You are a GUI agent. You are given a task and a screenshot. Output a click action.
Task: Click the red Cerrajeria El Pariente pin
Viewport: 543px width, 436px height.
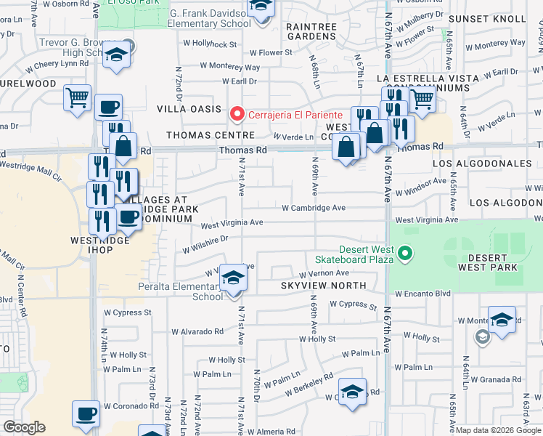[237, 115]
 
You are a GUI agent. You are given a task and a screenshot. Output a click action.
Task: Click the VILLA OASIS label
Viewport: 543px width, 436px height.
[189, 109]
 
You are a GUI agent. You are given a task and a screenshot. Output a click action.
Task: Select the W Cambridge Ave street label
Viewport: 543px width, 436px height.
[313, 208]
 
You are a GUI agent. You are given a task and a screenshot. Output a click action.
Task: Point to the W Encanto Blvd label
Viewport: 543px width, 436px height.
[423, 294]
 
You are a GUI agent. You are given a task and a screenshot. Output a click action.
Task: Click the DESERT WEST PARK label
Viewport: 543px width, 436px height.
[494, 262]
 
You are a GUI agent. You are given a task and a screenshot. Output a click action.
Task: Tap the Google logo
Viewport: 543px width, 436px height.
[25, 427]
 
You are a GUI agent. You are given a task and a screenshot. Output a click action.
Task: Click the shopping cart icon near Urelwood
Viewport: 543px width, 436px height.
[77, 97]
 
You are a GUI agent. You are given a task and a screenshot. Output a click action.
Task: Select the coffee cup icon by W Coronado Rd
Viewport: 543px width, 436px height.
[86, 413]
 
